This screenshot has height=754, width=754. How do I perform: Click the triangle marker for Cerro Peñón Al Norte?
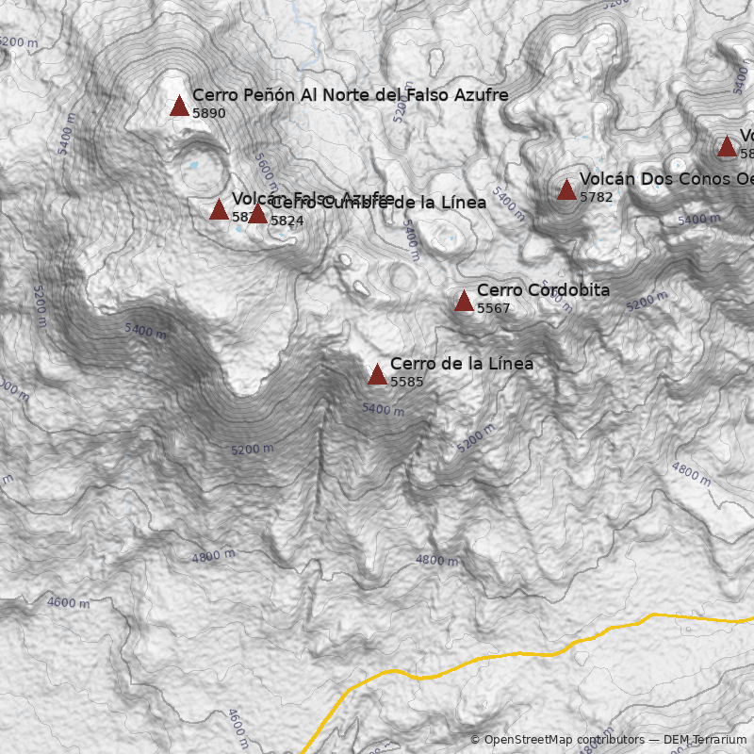point(179,106)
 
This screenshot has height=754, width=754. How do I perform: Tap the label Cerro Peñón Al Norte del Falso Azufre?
point(350,95)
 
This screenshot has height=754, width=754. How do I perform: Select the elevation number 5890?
point(209,113)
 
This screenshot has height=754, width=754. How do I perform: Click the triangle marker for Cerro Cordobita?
point(464,301)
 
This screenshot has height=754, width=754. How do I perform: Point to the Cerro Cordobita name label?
point(543,290)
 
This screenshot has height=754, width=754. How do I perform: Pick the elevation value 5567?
point(493,308)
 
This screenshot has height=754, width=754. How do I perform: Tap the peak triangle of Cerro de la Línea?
point(377,374)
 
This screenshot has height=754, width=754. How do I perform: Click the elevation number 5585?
point(406,382)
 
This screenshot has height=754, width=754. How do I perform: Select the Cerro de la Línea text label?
point(461,364)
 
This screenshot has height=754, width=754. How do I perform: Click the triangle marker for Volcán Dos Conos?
point(566,190)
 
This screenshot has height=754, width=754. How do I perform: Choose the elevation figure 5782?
point(596,198)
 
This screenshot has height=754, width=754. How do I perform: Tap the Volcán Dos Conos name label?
point(665,179)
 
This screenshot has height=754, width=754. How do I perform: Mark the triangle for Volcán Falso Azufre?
point(219,209)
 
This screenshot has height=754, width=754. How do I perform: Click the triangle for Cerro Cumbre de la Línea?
point(257,214)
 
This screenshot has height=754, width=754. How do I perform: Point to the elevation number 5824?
point(287,221)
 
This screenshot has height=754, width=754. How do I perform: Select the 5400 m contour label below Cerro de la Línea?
point(383,410)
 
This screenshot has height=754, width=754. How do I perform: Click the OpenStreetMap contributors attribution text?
point(556,740)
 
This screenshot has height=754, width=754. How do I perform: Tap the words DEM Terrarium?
point(704,740)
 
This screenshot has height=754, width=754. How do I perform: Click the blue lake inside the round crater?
point(193,166)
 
